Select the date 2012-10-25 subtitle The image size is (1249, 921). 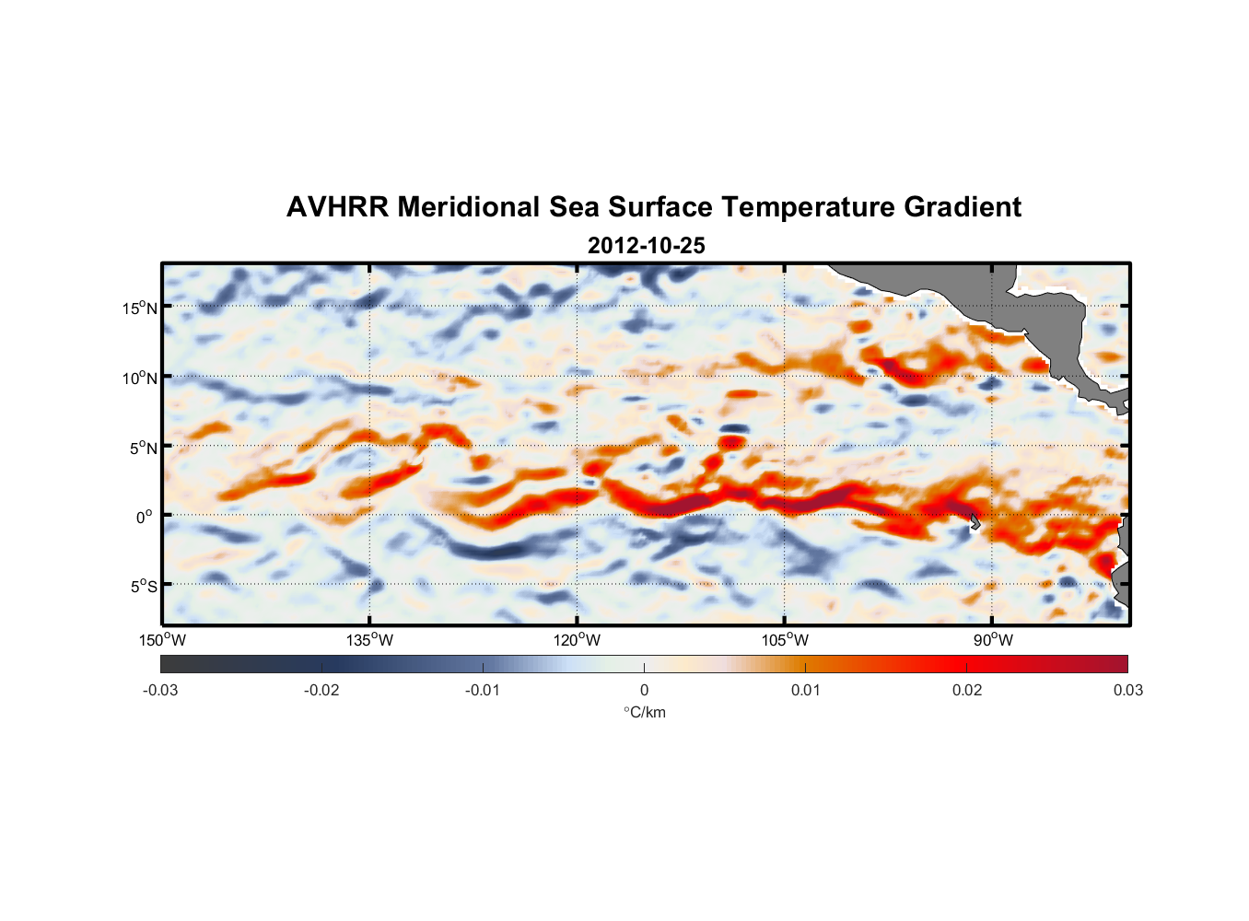coord(646,246)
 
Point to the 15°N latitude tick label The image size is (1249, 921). coord(140,308)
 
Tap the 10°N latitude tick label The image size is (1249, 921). coord(140,378)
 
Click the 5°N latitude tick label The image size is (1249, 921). coord(144,448)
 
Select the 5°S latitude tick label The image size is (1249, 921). coord(144,586)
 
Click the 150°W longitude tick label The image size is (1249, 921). coord(162,640)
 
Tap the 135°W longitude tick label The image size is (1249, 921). coord(369,640)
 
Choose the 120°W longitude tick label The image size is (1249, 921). coord(577,640)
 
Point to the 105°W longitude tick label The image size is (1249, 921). coord(785,640)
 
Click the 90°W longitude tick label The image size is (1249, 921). coord(992,640)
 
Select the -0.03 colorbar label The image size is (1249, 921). coord(160,690)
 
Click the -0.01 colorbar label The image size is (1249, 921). coord(483,690)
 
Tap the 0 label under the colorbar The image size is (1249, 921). coord(644,690)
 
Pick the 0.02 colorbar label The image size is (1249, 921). coord(967,690)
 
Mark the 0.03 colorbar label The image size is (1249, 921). coord(1127,690)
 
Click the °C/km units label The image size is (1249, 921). coord(644,712)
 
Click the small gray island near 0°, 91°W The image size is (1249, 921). coord(975,521)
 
